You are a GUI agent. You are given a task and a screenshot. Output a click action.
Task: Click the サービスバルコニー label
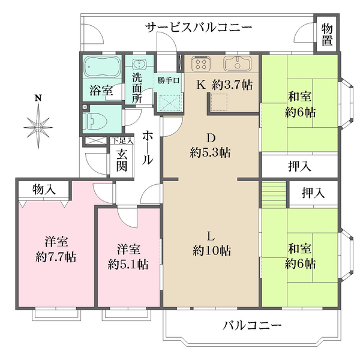[199, 27]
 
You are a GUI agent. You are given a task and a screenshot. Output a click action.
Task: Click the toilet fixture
[96, 121]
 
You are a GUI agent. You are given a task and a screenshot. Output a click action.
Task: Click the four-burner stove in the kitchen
[201, 62]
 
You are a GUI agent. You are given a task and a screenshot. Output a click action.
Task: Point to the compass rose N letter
[38, 98]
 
